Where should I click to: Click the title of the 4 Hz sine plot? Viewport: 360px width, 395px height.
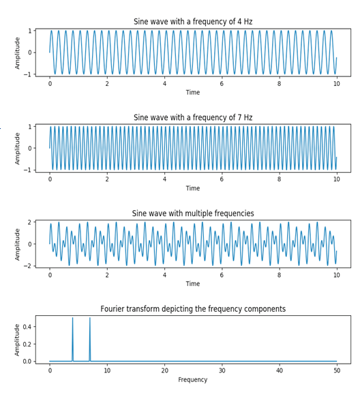pos(193,22)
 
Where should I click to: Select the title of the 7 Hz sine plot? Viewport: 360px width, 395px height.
pos(193,117)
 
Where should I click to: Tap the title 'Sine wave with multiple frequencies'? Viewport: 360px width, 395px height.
pos(193,214)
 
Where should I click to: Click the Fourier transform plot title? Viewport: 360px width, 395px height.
pos(193,309)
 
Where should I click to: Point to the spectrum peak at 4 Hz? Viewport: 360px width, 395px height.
pos(73,319)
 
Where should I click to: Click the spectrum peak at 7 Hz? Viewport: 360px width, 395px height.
pos(90,319)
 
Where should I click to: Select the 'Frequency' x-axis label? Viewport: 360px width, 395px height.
pos(193,379)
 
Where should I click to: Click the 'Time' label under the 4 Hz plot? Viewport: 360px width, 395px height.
pos(193,92)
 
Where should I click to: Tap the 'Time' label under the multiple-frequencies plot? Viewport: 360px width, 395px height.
pos(193,284)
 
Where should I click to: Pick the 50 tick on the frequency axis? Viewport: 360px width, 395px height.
pos(337,370)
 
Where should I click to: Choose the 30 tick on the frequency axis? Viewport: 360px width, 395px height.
pos(222,370)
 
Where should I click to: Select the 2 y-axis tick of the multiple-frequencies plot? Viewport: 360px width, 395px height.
pos(29,222)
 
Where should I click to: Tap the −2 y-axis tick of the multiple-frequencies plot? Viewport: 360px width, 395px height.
pos(28,266)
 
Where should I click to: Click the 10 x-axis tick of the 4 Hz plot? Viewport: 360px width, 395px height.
pos(337,83)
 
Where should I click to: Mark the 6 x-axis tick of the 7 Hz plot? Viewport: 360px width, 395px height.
pos(222,179)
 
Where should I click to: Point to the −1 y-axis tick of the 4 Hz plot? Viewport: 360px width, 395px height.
pos(28,74)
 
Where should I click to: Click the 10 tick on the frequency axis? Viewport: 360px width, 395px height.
pos(107,370)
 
